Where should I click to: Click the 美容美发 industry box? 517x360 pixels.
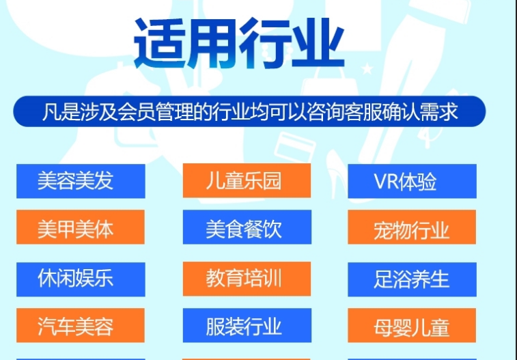pos(81,181)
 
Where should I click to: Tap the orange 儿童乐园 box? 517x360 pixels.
pos(247,180)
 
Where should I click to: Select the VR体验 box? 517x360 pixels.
pos(412,181)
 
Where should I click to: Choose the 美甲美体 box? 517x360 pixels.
pos(81,227)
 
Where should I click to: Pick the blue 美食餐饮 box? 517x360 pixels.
pos(247,227)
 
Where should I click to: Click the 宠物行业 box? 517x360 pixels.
pos(412,227)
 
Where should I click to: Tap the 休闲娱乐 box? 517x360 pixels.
pos(81,279)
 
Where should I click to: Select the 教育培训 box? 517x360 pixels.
pos(247,279)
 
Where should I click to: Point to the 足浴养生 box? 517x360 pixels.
pos(412,279)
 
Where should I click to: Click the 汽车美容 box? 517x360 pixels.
pos(81,325)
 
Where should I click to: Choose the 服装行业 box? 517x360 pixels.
pos(247,325)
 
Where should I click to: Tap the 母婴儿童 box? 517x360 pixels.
pos(412,325)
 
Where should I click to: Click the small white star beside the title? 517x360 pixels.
pos(367,69)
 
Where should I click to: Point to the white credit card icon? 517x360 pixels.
pos(295,147)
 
